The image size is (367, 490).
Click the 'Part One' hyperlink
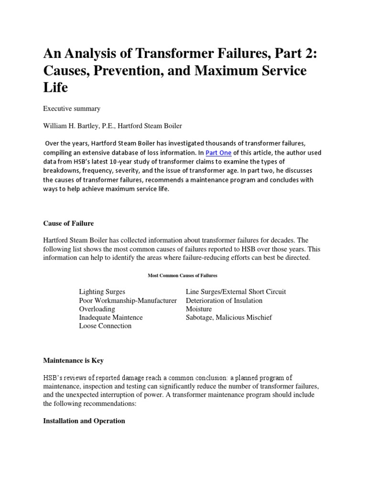point(218,153)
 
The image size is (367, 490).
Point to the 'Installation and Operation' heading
point(84,421)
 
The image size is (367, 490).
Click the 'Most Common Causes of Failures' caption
point(183,276)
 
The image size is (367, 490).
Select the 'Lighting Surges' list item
point(102,292)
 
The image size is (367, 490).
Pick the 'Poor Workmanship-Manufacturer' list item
point(128,301)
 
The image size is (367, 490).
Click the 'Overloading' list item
point(97,309)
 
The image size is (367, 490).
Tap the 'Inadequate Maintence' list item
point(111,317)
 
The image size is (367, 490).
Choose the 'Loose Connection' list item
point(105,326)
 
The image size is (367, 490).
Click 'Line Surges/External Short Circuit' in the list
point(236,292)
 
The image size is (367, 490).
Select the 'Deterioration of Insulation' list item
point(224,301)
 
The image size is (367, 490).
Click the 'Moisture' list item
point(199,309)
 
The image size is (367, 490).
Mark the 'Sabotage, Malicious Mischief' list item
point(229,317)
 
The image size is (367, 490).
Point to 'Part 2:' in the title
point(286,52)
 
